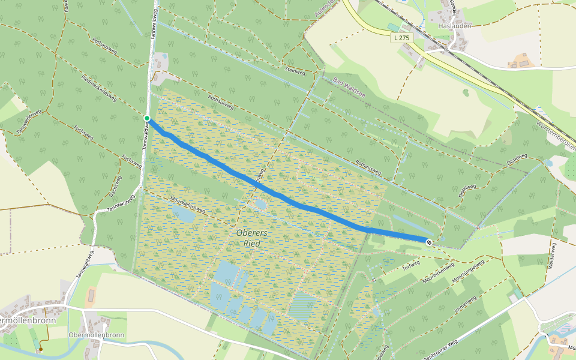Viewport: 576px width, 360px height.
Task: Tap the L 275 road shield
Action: click(401, 38)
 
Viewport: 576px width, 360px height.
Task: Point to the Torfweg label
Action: click(412, 266)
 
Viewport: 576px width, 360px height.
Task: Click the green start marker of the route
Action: click(147, 118)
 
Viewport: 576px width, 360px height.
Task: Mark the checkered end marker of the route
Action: click(428, 242)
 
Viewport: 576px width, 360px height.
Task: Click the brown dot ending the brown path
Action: click(41, 349)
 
